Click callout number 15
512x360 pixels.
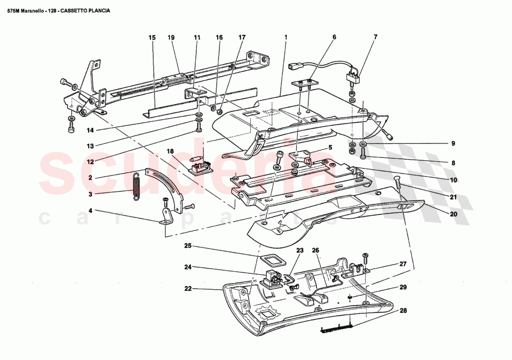tap(151, 37)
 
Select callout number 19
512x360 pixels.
tap(171, 37)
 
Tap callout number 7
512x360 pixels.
tap(375, 37)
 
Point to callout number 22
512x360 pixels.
tap(188, 289)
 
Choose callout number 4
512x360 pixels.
tap(91, 210)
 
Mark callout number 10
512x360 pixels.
tap(453, 180)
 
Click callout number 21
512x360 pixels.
tap(453, 197)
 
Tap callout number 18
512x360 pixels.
tap(170, 151)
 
